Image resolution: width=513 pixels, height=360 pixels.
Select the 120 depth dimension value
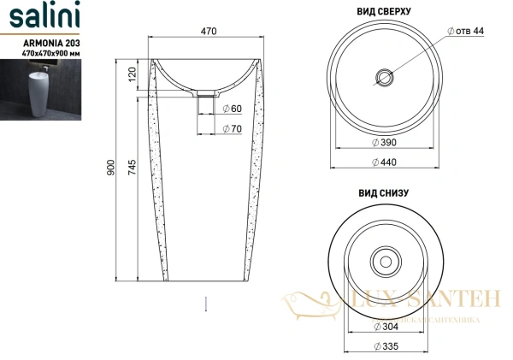coord(131,75)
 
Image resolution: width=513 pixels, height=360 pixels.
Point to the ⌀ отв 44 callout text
coord(466,31)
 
